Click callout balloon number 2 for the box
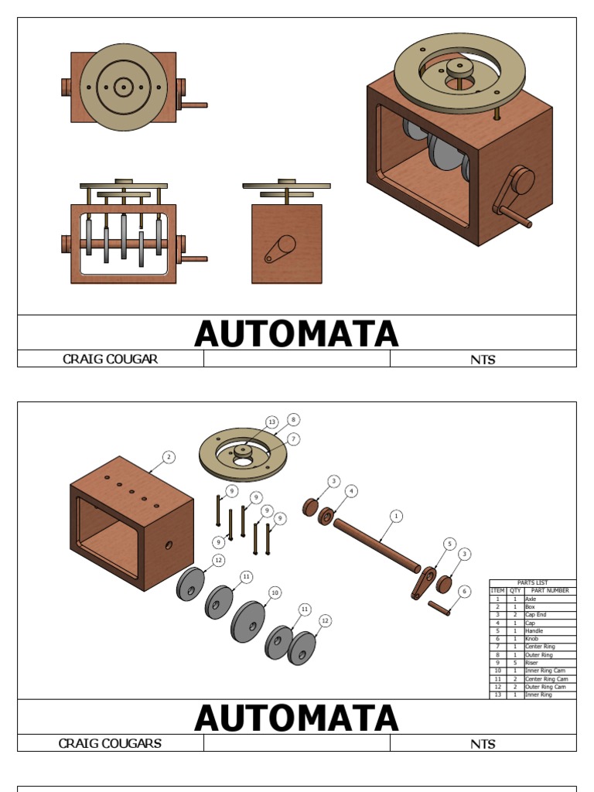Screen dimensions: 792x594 (169, 457)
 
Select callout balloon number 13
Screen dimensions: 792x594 (271, 422)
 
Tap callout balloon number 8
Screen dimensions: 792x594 (293, 419)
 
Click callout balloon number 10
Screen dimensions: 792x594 (274, 592)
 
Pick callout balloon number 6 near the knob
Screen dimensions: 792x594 (464, 592)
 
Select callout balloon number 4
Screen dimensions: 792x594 (351, 491)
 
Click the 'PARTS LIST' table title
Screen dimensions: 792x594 (532, 582)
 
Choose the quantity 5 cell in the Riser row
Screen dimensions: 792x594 (515, 663)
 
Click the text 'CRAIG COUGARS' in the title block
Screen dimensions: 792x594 (110, 743)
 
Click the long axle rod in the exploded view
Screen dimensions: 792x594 (377, 545)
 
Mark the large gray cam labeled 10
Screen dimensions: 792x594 (247, 621)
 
